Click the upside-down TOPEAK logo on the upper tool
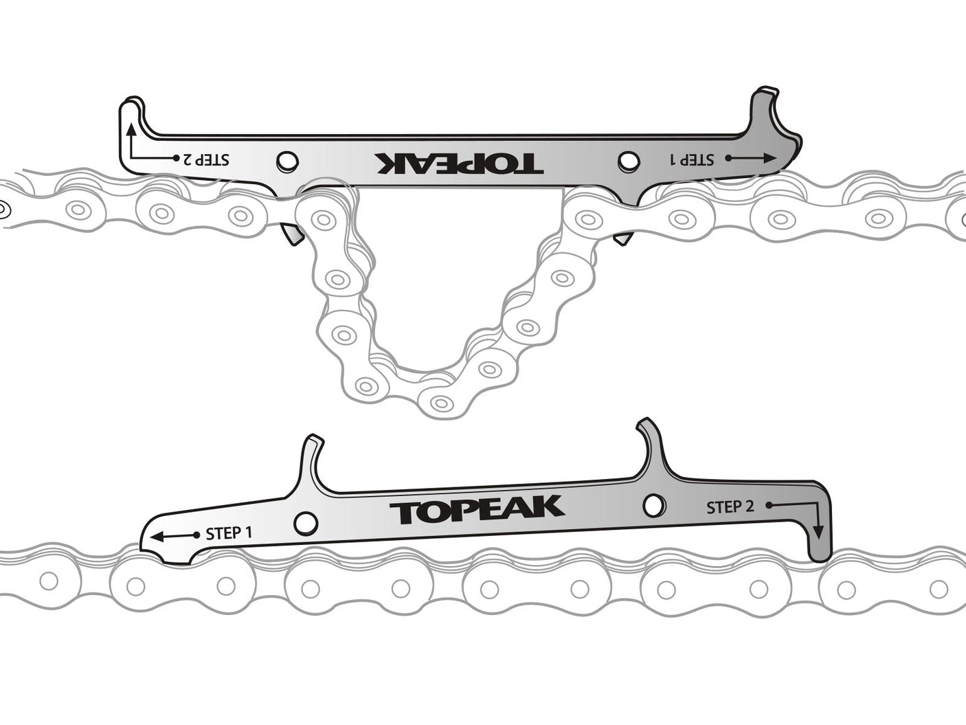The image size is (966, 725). coord(459,163)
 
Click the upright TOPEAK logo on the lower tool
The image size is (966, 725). coord(477,509)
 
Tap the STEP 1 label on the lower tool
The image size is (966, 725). coord(229,533)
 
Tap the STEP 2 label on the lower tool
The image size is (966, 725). coord(730,507)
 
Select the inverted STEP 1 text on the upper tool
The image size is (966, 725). coord(692,159)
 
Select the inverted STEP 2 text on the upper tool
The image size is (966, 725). coord(205,159)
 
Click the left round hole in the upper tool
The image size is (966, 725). coord(287,161)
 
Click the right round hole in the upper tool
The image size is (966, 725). coord(627,160)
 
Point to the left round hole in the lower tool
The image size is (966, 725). coord(306,523)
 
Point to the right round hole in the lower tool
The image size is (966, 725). coord(655,505)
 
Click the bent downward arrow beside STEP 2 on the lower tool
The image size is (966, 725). coord(804,515)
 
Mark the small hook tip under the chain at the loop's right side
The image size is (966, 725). coord(622,238)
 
